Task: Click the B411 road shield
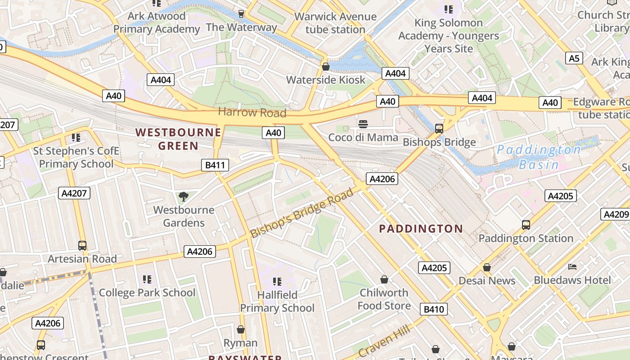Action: (x=215, y=165)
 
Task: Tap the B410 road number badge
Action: (x=434, y=309)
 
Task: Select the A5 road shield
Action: (x=574, y=58)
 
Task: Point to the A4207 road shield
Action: (x=74, y=193)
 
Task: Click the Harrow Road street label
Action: (x=252, y=112)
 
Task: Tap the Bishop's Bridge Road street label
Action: (x=301, y=213)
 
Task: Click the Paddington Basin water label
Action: (x=539, y=157)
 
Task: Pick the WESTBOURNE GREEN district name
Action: (x=179, y=139)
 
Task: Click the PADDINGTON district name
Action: (x=421, y=229)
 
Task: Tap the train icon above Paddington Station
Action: (x=526, y=225)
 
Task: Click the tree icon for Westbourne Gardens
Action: (x=183, y=196)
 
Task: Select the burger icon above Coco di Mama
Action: (x=363, y=124)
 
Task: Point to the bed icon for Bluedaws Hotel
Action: (x=572, y=267)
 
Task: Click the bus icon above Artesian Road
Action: (x=82, y=246)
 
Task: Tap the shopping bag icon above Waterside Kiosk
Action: (x=326, y=67)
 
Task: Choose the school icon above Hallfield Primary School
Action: (x=277, y=282)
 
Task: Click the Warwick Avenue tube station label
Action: (x=335, y=23)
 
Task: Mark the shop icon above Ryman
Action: (x=241, y=330)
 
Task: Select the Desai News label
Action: (x=487, y=281)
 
